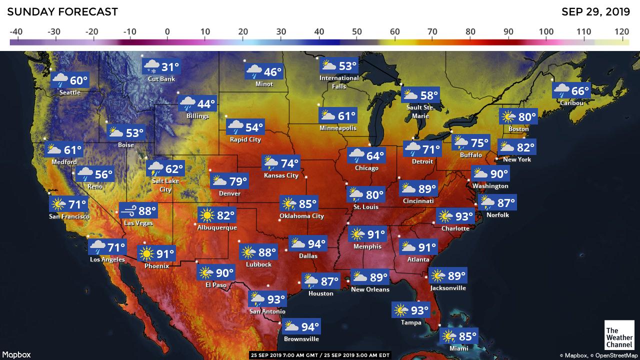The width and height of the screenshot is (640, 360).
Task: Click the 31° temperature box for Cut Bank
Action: [161, 67]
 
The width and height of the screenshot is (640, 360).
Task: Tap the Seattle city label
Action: [69, 92]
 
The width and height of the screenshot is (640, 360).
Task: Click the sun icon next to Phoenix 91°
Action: [146, 254]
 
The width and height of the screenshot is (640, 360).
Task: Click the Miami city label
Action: [458, 348]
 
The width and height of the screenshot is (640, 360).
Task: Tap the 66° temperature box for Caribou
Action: [571, 91]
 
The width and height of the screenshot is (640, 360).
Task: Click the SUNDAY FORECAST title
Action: [62, 11]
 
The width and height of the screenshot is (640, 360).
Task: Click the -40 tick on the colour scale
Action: [16, 32]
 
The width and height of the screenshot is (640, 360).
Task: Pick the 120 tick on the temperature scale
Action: [622, 32]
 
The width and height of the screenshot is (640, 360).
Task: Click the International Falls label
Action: [339, 82]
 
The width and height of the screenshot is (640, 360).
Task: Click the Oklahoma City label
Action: [301, 216]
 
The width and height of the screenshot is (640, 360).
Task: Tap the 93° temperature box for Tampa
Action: [411, 310]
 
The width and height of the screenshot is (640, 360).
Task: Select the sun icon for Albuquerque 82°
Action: [206, 215]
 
